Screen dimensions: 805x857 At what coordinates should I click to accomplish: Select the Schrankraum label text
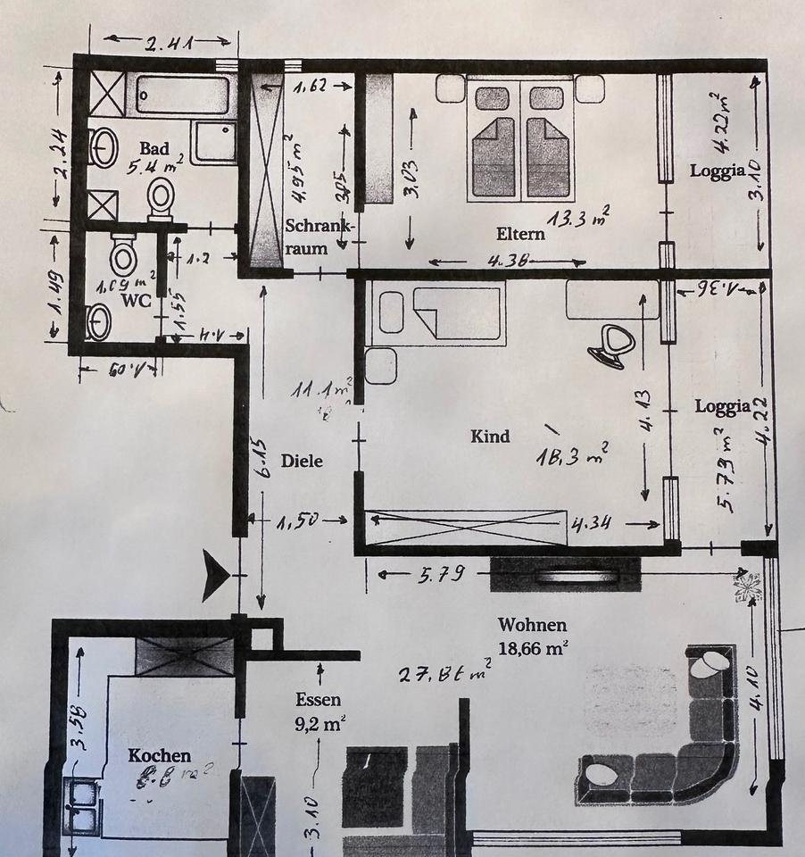pyautogui.click(x=320, y=237)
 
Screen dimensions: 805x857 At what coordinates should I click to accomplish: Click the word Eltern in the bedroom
pyautogui.click(x=520, y=235)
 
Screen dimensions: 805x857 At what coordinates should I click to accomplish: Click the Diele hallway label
pyautogui.click(x=301, y=462)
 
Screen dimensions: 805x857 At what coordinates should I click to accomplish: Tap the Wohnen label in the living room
pyautogui.click(x=533, y=626)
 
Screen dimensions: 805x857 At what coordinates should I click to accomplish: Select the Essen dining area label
pyautogui.click(x=320, y=701)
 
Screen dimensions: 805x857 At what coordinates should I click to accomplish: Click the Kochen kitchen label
pyautogui.click(x=160, y=755)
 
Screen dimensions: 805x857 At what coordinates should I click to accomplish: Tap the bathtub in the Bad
pyautogui.click(x=182, y=94)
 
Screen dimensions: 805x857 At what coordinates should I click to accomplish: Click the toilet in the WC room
pyautogui.click(x=123, y=257)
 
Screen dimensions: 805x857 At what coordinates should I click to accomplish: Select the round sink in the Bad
pyautogui.click(x=104, y=147)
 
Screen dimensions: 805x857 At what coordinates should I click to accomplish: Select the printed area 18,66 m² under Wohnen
pyautogui.click(x=533, y=649)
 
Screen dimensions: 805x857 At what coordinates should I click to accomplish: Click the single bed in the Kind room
pyautogui.click(x=437, y=312)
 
